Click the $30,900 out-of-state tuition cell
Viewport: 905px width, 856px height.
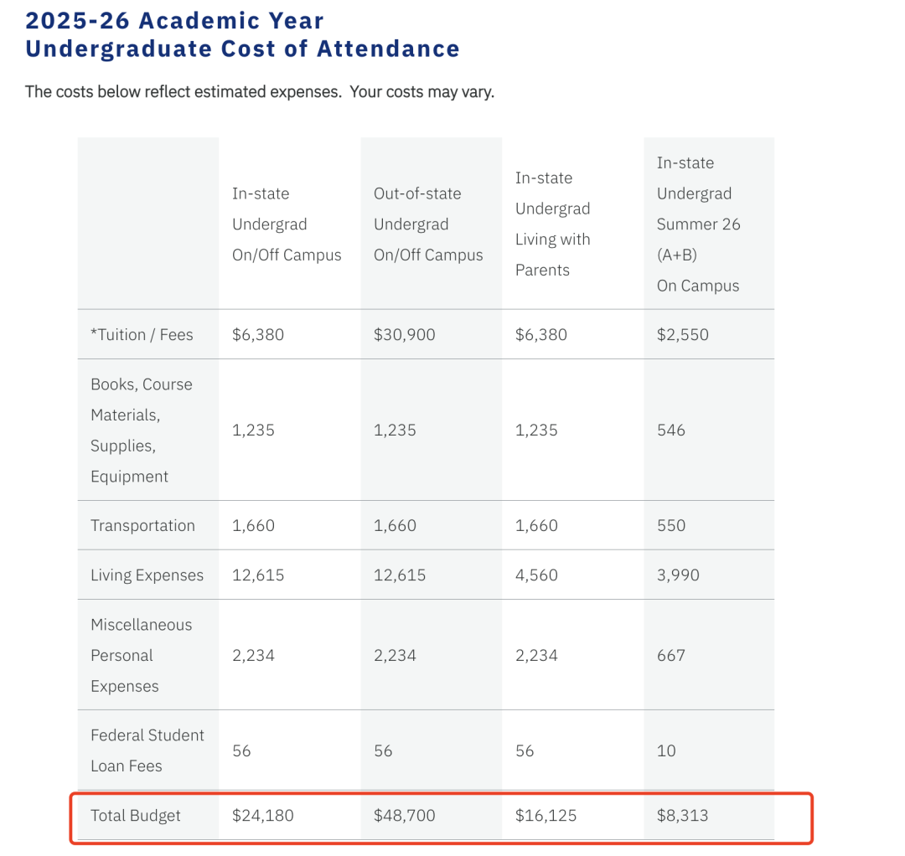pyautogui.click(x=404, y=334)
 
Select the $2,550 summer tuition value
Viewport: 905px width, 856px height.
pyautogui.click(x=682, y=334)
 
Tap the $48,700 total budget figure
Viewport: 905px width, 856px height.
pyautogui.click(x=404, y=815)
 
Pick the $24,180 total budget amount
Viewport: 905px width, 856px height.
pyautogui.click(x=262, y=815)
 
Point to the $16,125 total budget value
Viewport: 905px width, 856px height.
pyautogui.click(x=546, y=815)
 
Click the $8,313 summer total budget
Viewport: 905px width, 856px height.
pyautogui.click(x=682, y=815)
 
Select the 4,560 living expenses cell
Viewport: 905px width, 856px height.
pyautogui.click(x=536, y=575)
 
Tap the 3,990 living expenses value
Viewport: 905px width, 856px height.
pyautogui.click(x=678, y=575)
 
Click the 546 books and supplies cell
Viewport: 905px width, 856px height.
pyautogui.click(x=670, y=430)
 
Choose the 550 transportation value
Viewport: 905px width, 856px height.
pyautogui.click(x=670, y=526)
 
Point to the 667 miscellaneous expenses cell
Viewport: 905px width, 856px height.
pyautogui.click(x=670, y=656)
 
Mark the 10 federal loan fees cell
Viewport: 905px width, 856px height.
pyautogui.click(x=665, y=750)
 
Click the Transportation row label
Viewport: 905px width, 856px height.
pyautogui.click(x=142, y=526)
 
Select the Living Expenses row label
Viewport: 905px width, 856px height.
pyautogui.click(x=147, y=575)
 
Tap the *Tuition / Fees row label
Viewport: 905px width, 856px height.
pyautogui.click(x=142, y=334)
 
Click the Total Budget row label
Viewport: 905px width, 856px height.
pyautogui.click(x=136, y=815)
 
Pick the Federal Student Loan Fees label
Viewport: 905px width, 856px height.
pyautogui.click(x=147, y=750)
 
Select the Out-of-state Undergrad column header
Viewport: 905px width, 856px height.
pyautogui.click(x=427, y=224)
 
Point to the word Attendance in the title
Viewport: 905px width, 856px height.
pyautogui.click(x=388, y=49)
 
